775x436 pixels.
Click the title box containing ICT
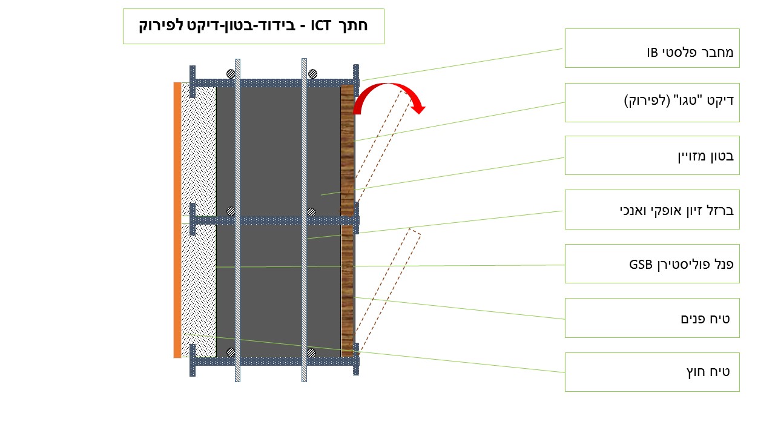click(x=254, y=26)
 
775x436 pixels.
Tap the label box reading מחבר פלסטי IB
click(x=652, y=48)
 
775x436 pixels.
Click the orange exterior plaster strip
click(x=177, y=220)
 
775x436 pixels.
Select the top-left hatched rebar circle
click(x=231, y=74)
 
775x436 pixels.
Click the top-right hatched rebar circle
click(x=312, y=74)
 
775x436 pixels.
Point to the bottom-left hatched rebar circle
click(x=231, y=352)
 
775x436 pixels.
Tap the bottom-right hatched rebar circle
click(x=311, y=352)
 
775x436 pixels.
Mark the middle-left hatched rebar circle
click(x=231, y=211)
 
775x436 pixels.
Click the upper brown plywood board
click(x=347, y=151)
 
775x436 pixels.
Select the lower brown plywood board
click(x=347, y=291)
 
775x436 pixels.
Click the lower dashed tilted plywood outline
click(x=387, y=292)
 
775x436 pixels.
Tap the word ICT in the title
click(x=321, y=25)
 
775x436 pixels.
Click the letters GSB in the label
click(x=641, y=265)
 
